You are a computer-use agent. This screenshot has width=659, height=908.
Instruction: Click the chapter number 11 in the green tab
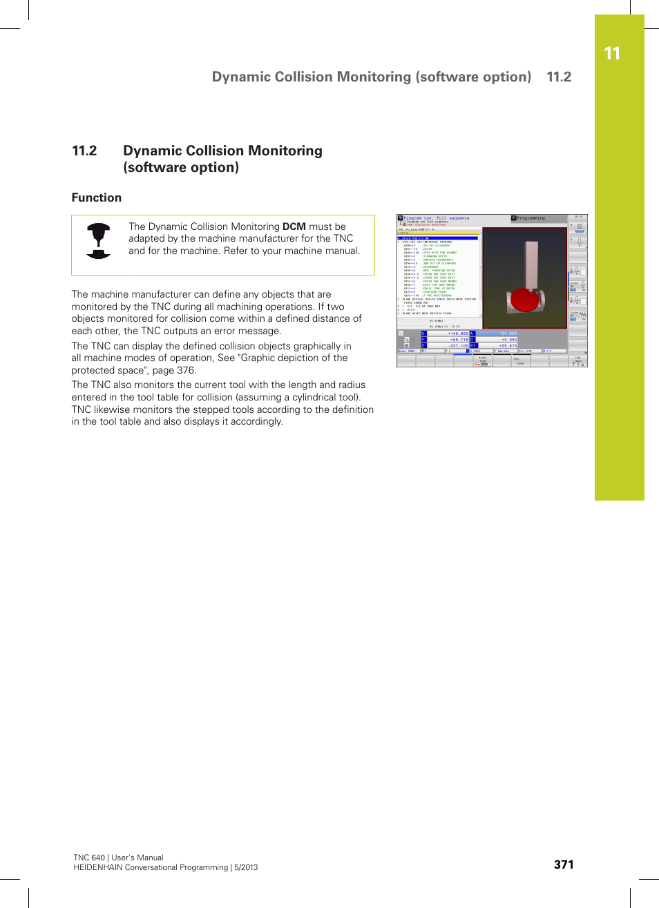coord(611,54)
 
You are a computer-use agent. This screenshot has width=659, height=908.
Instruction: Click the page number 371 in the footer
coord(564,864)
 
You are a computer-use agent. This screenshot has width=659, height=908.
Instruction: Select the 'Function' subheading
coord(97,198)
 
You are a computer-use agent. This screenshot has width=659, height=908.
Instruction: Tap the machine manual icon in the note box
coord(99,241)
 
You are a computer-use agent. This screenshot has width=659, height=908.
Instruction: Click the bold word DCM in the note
coord(294,226)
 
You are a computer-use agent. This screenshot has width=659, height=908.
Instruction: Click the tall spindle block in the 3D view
coord(531,264)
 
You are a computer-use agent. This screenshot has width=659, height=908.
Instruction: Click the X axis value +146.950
coord(458,334)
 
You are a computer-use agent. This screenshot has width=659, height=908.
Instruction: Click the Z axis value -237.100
coord(458,346)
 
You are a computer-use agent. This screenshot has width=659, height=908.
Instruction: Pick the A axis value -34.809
coord(508,334)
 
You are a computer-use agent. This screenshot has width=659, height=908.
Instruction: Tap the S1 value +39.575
coord(508,346)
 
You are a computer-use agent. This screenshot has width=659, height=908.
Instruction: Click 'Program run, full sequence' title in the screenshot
coord(436,218)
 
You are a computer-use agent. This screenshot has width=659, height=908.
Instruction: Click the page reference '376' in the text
coord(186,370)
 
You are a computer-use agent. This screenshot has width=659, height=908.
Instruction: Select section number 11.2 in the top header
coord(559,77)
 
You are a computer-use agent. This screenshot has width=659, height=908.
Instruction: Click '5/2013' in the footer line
coord(246,867)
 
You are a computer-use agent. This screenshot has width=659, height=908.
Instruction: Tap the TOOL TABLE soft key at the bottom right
coord(577,361)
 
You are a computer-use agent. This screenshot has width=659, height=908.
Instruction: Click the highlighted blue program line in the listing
coord(438,238)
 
